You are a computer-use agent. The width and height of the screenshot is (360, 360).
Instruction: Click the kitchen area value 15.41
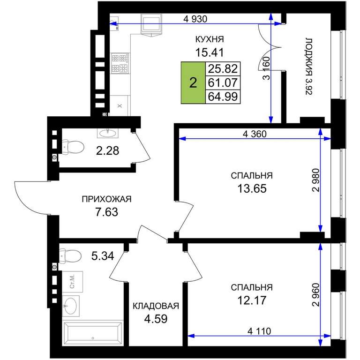click(x=209, y=52)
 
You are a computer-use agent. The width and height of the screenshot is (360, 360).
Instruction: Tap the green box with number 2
click(x=193, y=82)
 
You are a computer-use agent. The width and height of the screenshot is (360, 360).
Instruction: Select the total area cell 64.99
click(x=223, y=97)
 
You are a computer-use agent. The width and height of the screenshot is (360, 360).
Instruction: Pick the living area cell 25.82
click(x=223, y=68)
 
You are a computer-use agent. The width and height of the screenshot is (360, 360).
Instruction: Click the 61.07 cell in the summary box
click(x=223, y=82)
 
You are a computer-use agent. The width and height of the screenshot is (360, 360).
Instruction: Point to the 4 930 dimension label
click(x=195, y=19)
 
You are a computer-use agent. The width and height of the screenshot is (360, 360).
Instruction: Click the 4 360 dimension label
click(x=255, y=134)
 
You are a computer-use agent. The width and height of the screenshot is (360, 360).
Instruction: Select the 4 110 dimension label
click(x=259, y=331)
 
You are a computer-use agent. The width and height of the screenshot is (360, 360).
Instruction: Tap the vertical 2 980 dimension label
click(x=315, y=180)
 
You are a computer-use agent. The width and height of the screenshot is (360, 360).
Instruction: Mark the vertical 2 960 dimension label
click(x=315, y=295)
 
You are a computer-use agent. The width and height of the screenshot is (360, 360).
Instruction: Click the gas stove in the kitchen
click(x=120, y=63)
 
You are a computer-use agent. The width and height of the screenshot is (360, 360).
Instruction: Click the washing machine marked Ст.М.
click(x=72, y=282)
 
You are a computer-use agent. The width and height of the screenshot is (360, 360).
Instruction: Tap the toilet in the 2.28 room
click(x=73, y=147)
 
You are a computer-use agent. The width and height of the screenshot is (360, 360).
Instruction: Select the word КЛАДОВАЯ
click(x=156, y=306)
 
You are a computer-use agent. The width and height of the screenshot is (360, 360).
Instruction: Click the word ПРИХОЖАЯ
click(x=106, y=199)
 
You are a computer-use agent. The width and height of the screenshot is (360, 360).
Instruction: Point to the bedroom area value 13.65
click(x=252, y=188)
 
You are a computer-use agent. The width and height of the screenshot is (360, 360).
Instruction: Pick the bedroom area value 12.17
click(x=252, y=300)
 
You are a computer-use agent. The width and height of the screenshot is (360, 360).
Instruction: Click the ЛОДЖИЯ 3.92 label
click(x=309, y=67)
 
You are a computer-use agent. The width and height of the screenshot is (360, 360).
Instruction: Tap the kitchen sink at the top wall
click(x=151, y=23)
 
